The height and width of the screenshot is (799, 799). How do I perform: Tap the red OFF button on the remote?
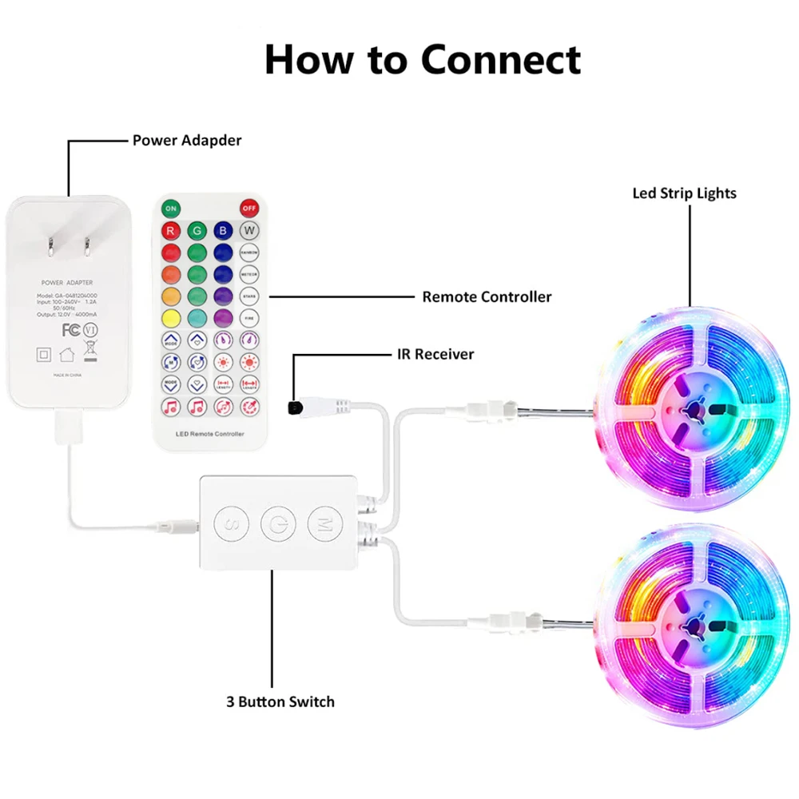[250, 209]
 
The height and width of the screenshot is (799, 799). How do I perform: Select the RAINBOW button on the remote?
[250, 253]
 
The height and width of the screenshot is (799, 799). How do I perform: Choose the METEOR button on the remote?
[250, 275]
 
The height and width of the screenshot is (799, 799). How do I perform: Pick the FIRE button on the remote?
[250, 318]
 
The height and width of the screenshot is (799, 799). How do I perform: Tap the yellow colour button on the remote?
[170, 318]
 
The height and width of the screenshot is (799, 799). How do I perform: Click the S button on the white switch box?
[226, 524]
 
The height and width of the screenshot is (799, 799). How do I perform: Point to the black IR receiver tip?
[293, 407]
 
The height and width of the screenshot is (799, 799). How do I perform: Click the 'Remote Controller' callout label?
[487, 297]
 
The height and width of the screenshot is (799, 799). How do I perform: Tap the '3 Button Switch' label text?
[280, 702]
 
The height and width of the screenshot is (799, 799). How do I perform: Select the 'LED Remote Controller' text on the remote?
[209, 434]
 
